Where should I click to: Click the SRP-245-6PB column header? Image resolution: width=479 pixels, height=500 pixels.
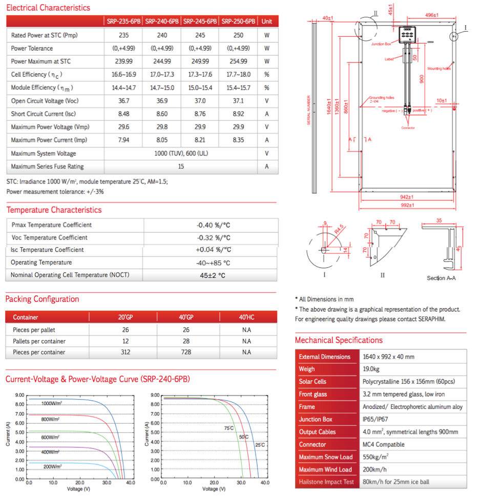click(x=200, y=21)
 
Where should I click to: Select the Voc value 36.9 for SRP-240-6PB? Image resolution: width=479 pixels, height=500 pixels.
click(x=162, y=101)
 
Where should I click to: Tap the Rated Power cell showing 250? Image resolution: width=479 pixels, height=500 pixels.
click(x=238, y=35)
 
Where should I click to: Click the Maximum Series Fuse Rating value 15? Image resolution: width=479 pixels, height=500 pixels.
click(x=181, y=167)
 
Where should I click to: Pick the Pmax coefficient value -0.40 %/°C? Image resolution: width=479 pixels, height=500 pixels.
click(x=213, y=225)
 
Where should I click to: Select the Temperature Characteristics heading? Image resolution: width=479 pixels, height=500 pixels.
click(x=54, y=210)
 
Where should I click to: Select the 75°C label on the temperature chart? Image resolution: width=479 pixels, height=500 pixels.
click(x=228, y=428)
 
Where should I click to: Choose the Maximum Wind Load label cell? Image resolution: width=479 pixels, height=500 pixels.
click(x=325, y=470)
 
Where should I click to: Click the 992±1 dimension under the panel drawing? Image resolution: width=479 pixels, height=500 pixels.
click(x=407, y=205)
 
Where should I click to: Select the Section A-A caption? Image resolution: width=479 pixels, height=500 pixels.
click(x=441, y=278)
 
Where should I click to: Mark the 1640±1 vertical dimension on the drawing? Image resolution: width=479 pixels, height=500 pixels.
click(x=329, y=107)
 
